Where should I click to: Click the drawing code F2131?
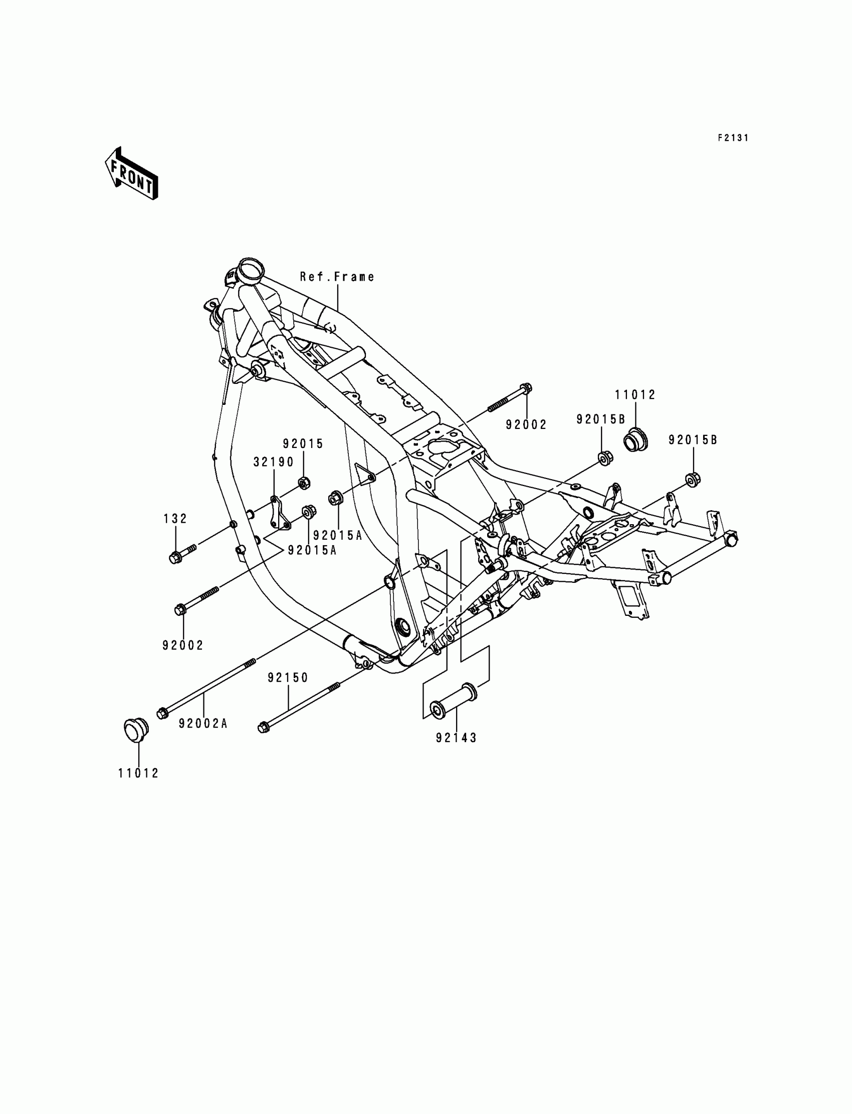tap(733, 138)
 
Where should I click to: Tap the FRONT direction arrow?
tap(131, 173)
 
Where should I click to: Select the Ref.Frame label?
tap(337, 277)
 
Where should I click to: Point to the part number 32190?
tap(274, 462)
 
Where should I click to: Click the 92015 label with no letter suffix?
tap(303, 443)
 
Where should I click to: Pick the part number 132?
tap(175, 519)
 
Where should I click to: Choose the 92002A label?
tap(203, 724)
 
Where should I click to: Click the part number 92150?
tap(288, 678)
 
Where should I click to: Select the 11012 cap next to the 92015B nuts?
tap(634, 438)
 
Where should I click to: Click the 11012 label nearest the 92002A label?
tap(138, 773)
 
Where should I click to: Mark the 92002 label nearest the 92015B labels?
tap(526, 425)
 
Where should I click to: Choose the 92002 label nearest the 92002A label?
tap(183, 645)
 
